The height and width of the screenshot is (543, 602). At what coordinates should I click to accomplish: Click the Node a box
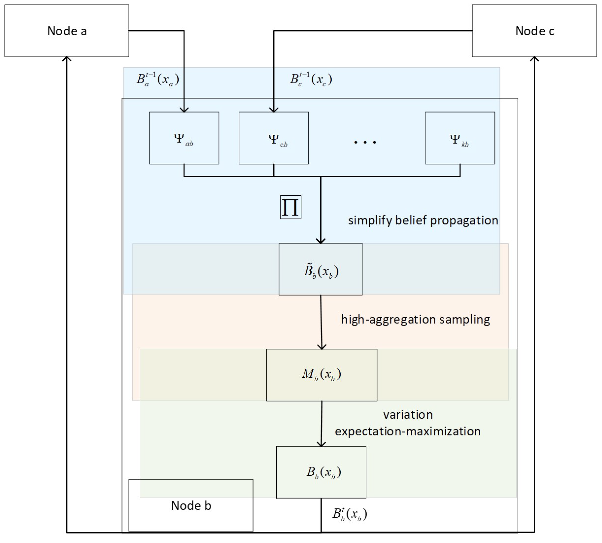pyautogui.click(x=67, y=31)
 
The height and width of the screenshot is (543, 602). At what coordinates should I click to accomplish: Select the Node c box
pyautogui.click(x=534, y=31)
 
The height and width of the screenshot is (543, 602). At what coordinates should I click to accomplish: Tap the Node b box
pyautogui.click(x=191, y=505)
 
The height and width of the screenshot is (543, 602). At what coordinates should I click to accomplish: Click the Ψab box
pyautogui.click(x=184, y=138)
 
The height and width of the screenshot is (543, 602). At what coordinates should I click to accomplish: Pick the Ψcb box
pyautogui.click(x=274, y=138)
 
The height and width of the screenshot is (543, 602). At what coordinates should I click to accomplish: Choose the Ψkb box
pyautogui.click(x=460, y=138)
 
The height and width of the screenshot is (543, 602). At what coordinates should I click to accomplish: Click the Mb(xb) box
pyautogui.click(x=321, y=375)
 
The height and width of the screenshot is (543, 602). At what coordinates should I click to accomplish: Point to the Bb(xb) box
pyautogui.click(x=321, y=472)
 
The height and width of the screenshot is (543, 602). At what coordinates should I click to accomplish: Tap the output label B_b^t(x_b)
pyautogui.click(x=349, y=514)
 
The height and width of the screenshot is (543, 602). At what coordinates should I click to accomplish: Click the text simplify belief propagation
pyautogui.click(x=423, y=220)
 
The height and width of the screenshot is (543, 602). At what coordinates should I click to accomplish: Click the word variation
pyautogui.click(x=408, y=414)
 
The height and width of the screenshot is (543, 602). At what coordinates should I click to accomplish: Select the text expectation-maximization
pyautogui.click(x=407, y=431)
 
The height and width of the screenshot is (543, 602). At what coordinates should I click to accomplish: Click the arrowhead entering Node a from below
pyautogui.click(x=67, y=59)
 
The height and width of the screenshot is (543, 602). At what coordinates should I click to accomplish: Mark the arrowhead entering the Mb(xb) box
pyautogui.click(x=321, y=346)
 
